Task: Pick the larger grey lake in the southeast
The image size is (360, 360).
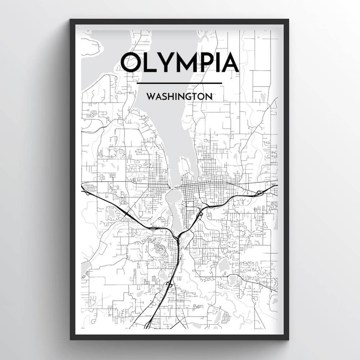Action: [224, 265]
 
